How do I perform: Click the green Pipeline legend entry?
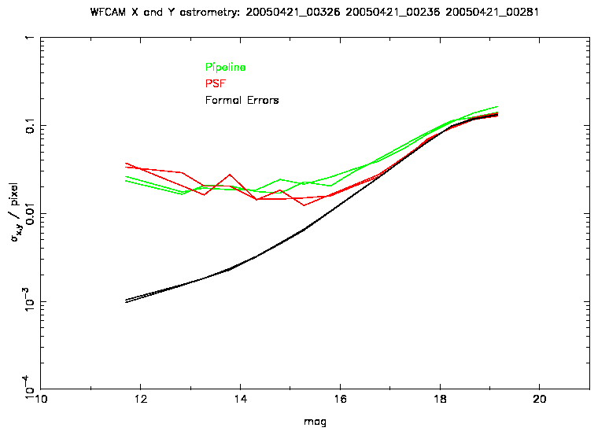click(225, 68)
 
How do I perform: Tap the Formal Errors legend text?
click(242, 100)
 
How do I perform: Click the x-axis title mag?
click(315, 422)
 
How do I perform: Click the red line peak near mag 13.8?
click(230, 175)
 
